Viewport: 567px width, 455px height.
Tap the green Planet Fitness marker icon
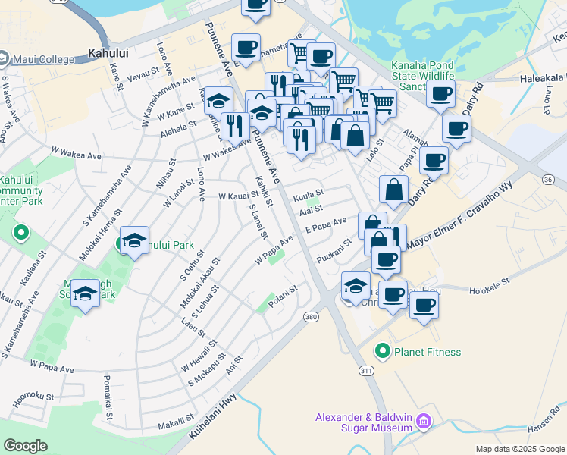click(384, 352)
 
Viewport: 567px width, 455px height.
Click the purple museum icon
click(424, 420)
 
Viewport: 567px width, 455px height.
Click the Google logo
click(26, 445)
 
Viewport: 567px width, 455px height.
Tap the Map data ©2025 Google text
click(519, 449)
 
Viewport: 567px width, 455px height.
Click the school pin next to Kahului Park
click(134, 240)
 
